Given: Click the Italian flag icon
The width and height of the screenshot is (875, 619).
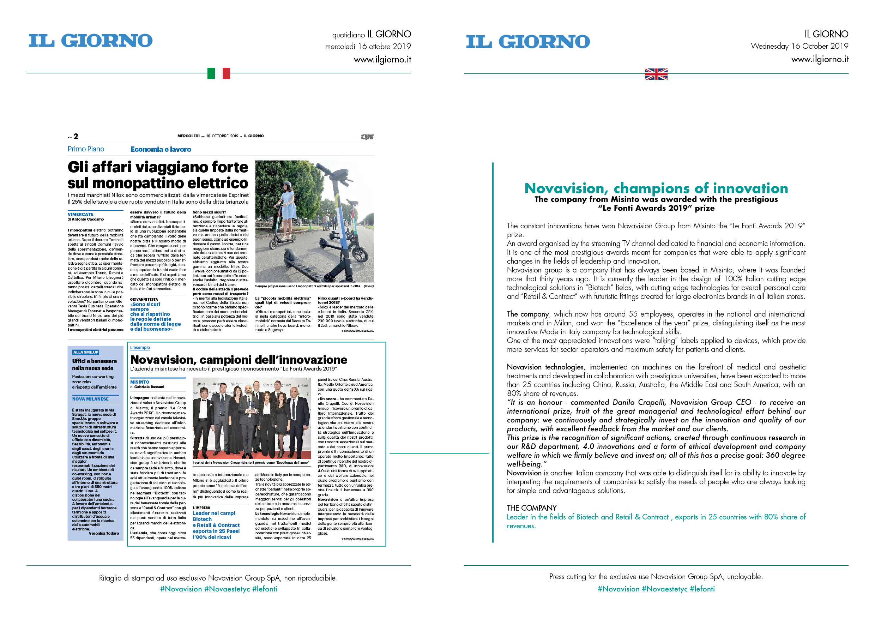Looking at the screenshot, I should click(x=218, y=73).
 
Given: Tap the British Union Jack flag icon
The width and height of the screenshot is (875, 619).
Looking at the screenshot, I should click(x=656, y=74).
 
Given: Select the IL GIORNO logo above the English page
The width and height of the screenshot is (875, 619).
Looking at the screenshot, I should click(x=528, y=42).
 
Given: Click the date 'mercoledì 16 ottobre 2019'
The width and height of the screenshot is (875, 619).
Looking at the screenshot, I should click(x=368, y=47).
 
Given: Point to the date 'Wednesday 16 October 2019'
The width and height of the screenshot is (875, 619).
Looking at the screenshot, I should click(x=799, y=46).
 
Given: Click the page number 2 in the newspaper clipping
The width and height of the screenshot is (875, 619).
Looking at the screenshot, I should click(x=76, y=137).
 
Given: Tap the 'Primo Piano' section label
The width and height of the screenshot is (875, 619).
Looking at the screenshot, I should click(x=86, y=149).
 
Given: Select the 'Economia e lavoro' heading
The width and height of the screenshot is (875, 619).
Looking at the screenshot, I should click(x=161, y=149).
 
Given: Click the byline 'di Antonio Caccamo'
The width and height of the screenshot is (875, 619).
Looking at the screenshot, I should click(x=86, y=219).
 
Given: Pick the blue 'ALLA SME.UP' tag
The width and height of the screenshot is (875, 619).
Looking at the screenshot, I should click(x=86, y=352).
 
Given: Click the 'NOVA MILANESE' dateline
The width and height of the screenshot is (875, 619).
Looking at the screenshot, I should click(x=90, y=399).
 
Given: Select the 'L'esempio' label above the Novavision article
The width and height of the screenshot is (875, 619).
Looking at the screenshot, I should click(x=140, y=348).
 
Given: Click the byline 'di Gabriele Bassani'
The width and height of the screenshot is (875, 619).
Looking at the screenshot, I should click(x=147, y=387).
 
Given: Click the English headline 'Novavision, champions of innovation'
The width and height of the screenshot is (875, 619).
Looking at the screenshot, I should click(x=656, y=188).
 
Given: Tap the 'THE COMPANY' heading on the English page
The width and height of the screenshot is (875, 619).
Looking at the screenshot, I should click(x=531, y=508).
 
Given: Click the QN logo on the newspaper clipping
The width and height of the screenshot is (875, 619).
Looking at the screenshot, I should click(x=367, y=137).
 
